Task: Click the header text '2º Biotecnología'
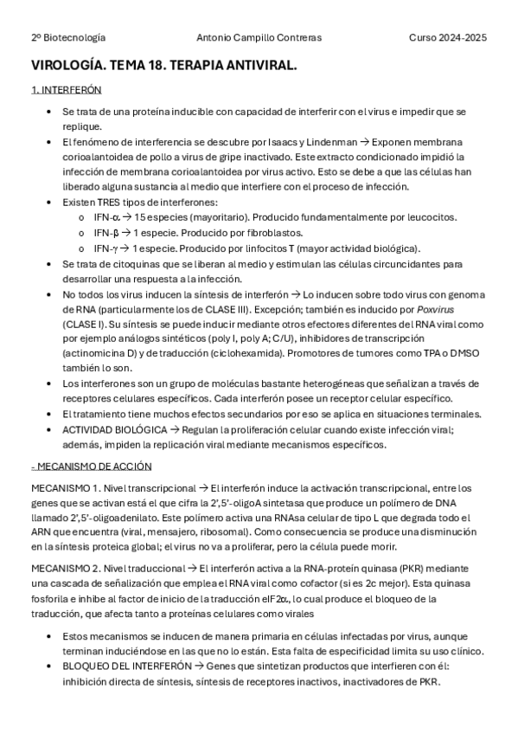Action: [68, 38]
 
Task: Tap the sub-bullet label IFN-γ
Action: [106, 248]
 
